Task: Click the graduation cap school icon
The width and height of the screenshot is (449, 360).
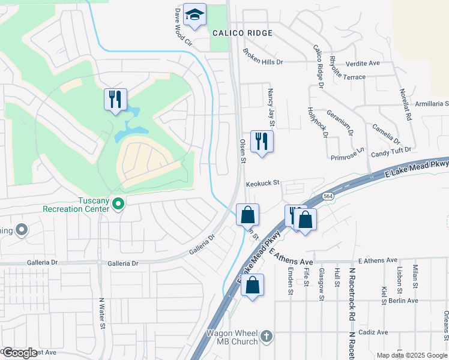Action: point(194,16)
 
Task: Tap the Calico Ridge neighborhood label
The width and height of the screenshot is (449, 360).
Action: point(243,33)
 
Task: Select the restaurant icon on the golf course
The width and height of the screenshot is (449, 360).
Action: point(115,99)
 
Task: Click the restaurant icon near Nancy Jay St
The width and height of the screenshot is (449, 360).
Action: point(262,141)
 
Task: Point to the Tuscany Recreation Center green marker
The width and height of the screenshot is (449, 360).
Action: point(118,205)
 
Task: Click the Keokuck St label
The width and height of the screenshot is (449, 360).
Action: point(263,182)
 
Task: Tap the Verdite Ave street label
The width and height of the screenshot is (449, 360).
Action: point(363,62)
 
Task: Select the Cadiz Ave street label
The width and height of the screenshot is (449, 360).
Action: point(373,332)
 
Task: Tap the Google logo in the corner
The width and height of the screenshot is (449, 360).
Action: point(20,353)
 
